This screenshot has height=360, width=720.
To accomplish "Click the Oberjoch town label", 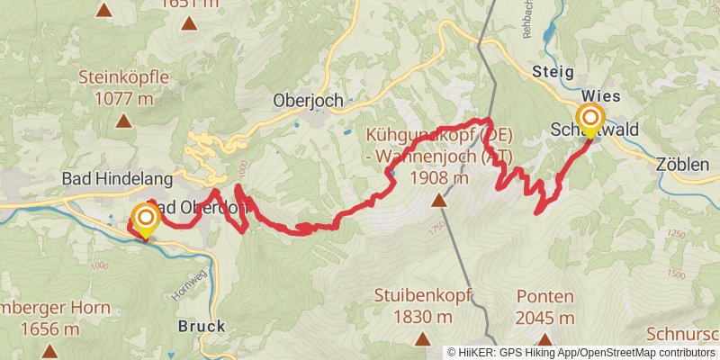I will tap(309, 101).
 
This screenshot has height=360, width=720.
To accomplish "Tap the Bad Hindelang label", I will tap(104, 178).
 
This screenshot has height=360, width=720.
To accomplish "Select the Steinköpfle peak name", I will tap(123, 77).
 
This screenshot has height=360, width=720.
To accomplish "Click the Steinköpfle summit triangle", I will tap(123, 119).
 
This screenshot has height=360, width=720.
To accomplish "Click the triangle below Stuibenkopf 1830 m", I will tap(421, 338).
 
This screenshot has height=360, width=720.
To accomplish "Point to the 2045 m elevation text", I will tap(544, 318).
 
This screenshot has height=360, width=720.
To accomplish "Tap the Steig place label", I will tap(553, 72).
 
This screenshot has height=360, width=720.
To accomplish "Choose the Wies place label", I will tap(600, 94).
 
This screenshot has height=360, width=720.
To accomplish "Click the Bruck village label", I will tap(201, 326).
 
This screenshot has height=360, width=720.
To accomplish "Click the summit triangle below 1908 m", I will tap(438, 201).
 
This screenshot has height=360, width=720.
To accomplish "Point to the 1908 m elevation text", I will tap(438, 177).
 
